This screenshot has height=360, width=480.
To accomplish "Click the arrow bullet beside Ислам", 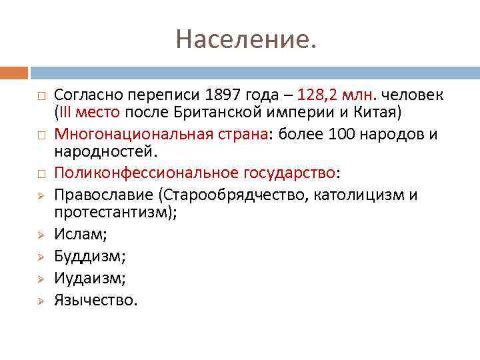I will (x=39, y=235).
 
